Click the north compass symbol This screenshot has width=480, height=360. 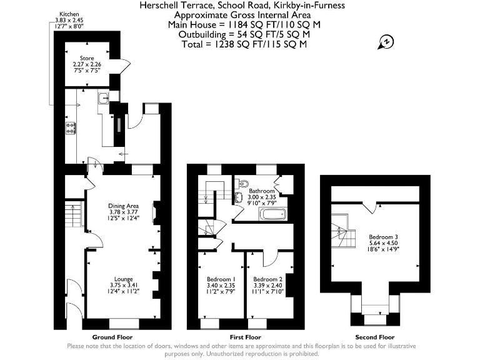pyautogui.click(x=386, y=42)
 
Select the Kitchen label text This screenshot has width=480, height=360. pyautogui.click(x=69, y=13)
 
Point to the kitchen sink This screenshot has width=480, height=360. pyautogui.click(x=103, y=98)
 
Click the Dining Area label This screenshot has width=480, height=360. pyautogui.click(x=124, y=205)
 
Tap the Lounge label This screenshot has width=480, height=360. pyautogui.click(x=123, y=279)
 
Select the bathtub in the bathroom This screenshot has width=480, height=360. pyautogui.click(x=274, y=215)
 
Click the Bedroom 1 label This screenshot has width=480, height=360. pyautogui.click(x=221, y=279)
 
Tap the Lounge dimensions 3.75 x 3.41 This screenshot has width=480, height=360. pyautogui.click(x=123, y=285)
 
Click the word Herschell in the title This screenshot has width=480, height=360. pyautogui.click(x=159, y=5)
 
